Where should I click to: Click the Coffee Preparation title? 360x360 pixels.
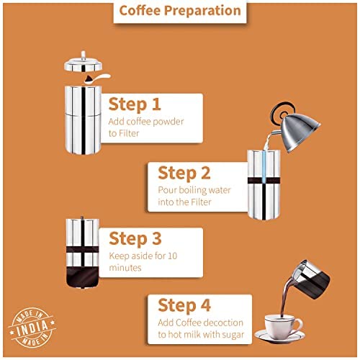tap(180, 11)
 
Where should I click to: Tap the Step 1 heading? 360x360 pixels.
tap(135, 104)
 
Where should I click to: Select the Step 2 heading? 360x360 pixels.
tap(184, 173)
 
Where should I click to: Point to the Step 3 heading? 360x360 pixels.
tap(135, 239)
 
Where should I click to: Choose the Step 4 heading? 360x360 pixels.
tap(184, 305)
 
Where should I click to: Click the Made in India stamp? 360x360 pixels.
tap(32, 328)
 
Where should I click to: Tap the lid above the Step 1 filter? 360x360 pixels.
tap(83, 63)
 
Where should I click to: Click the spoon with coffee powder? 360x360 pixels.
tap(97, 78)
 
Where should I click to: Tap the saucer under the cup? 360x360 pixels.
tap(279, 337)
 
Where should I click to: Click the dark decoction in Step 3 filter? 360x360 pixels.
tap(82, 277)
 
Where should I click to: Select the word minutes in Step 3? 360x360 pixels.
tap(125, 268)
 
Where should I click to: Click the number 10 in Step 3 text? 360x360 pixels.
tap(172, 256)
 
